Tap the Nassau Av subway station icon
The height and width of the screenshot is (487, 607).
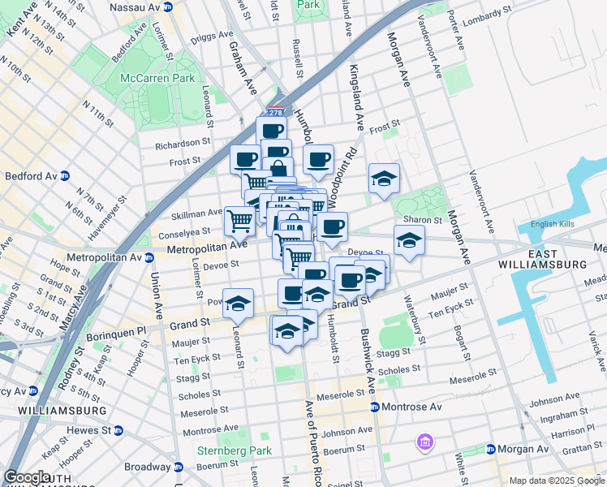[x=168, y=6]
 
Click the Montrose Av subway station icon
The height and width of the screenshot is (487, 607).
[x=374, y=407]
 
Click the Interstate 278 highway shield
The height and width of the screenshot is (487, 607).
[x=276, y=113]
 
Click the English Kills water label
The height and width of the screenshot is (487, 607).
[x=554, y=225]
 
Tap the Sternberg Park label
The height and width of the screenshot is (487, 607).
[x=226, y=450]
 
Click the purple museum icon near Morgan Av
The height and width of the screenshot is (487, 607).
[x=424, y=442]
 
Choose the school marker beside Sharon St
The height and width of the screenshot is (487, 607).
[x=409, y=240]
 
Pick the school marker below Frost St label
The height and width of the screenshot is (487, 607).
[x=384, y=179]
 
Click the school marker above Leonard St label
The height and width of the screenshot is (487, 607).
[x=237, y=304]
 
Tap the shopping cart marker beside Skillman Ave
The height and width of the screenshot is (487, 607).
[x=239, y=219]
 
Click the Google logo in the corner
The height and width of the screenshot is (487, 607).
[x=28, y=477]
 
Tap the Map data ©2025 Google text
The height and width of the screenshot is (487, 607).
[x=557, y=481]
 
